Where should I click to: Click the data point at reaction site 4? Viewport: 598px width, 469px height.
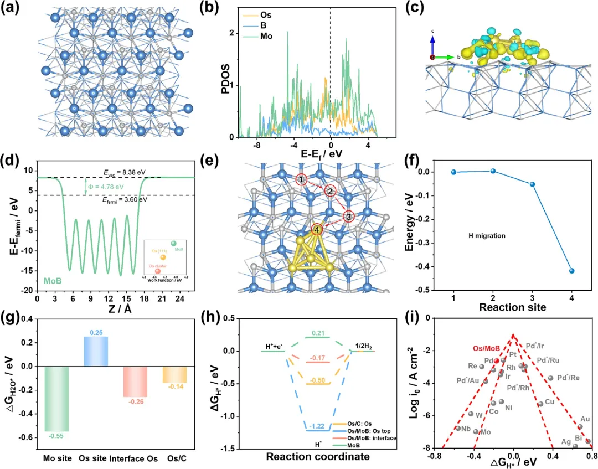pos(571,271)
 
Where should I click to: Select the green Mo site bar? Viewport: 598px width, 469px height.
pos(57,398)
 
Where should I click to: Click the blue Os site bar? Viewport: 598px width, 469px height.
pos(96,351)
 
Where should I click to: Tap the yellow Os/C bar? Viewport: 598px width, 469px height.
pos(173,375)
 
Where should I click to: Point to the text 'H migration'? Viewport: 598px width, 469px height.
pos(487,236)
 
